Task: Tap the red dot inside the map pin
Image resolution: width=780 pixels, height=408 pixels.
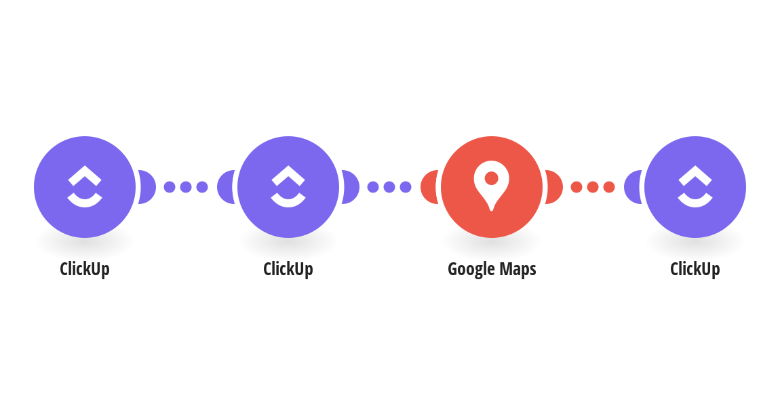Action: pos(492,178)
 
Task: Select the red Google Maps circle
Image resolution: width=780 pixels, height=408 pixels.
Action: pos(492,187)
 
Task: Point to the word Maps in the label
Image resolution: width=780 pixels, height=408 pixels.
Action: pos(518,269)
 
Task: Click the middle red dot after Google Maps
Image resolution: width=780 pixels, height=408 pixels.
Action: pos(593,187)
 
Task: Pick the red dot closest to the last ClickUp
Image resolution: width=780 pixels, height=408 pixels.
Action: pos(609,187)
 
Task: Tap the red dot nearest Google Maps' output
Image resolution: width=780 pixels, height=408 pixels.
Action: pos(576,187)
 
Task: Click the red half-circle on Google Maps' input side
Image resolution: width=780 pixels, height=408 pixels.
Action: pos(429,187)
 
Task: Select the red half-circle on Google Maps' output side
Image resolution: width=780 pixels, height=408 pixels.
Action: pos(554,187)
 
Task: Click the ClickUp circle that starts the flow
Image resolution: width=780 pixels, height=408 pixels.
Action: pos(85,187)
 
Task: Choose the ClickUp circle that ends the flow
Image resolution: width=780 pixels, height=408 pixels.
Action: pos(695,187)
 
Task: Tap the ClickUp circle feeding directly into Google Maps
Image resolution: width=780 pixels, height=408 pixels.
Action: pos(288,187)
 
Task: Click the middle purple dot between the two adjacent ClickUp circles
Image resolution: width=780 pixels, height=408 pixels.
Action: pos(186,187)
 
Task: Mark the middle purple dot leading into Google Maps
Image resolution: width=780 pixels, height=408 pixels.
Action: pos(389,187)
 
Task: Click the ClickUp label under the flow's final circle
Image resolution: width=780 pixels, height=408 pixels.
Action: pos(695,269)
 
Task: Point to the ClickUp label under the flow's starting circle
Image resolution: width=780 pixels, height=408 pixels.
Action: pos(85,269)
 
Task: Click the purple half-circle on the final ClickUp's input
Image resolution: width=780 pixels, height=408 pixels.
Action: pos(632,187)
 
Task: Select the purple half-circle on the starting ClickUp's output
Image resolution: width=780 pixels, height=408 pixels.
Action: pos(147,187)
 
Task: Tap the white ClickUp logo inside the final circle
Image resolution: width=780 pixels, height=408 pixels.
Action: pos(695,186)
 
